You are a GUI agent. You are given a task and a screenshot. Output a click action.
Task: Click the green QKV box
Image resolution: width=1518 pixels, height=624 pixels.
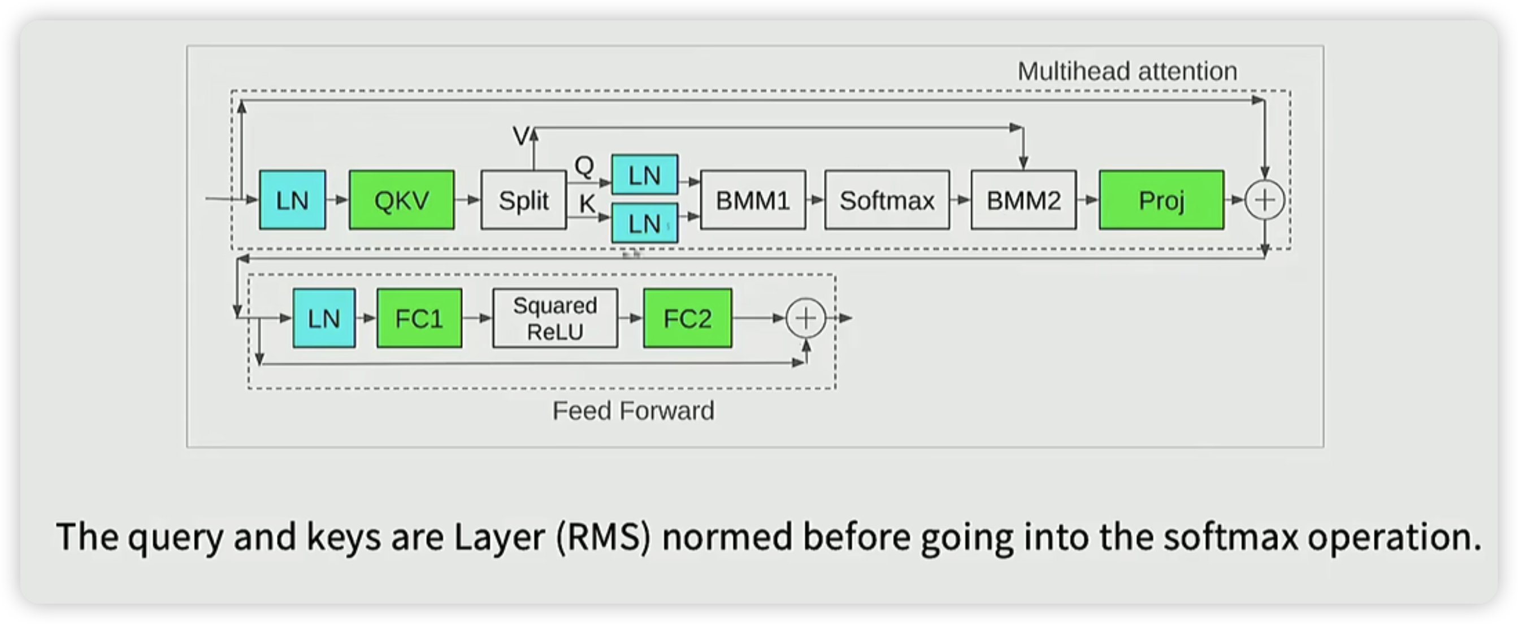pyautogui.click(x=401, y=200)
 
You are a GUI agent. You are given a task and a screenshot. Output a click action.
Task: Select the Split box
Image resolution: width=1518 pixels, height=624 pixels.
pyautogui.click(x=523, y=200)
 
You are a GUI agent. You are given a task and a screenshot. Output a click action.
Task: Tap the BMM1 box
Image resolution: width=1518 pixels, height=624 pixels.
pyautogui.click(x=753, y=200)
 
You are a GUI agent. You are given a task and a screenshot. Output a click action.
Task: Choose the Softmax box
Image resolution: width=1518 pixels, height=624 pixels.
pyautogui.click(x=887, y=200)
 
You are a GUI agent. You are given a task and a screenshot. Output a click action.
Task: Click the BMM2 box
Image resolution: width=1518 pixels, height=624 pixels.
pyautogui.click(x=1023, y=200)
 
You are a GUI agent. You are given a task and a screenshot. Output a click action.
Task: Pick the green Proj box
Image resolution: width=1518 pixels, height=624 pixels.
pyautogui.click(x=1161, y=200)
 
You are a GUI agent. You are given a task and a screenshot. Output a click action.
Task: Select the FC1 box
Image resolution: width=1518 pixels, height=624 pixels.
pyautogui.click(x=419, y=318)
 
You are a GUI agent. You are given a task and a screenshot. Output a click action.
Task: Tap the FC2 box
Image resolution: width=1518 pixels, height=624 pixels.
pyautogui.click(x=687, y=318)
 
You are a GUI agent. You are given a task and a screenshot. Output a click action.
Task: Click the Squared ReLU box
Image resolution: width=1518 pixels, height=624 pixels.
pyautogui.click(x=555, y=318)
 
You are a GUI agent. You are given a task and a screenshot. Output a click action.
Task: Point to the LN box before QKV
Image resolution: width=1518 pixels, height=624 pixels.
pyautogui.click(x=292, y=200)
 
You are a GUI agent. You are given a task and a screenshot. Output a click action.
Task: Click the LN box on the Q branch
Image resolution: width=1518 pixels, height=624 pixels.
pyautogui.click(x=645, y=175)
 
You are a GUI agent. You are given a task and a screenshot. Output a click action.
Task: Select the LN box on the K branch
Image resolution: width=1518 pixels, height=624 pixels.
pyautogui.click(x=645, y=223)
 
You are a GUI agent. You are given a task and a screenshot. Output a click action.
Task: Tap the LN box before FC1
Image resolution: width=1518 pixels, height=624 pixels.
pyautogui.click(x=324, y=318)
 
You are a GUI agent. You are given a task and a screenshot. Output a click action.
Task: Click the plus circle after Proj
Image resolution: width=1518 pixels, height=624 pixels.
pyautogui.click(x=1265, y=200)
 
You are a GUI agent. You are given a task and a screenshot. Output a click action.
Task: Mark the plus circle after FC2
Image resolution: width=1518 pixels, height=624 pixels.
pyautogui.click(x=806, y=318)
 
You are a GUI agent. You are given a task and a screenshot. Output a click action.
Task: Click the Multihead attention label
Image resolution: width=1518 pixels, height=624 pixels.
pyautogui.click(x=1127, y=72)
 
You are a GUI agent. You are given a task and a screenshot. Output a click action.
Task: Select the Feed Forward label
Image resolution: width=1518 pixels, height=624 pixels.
pyautogui.click(x=633, y=411)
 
